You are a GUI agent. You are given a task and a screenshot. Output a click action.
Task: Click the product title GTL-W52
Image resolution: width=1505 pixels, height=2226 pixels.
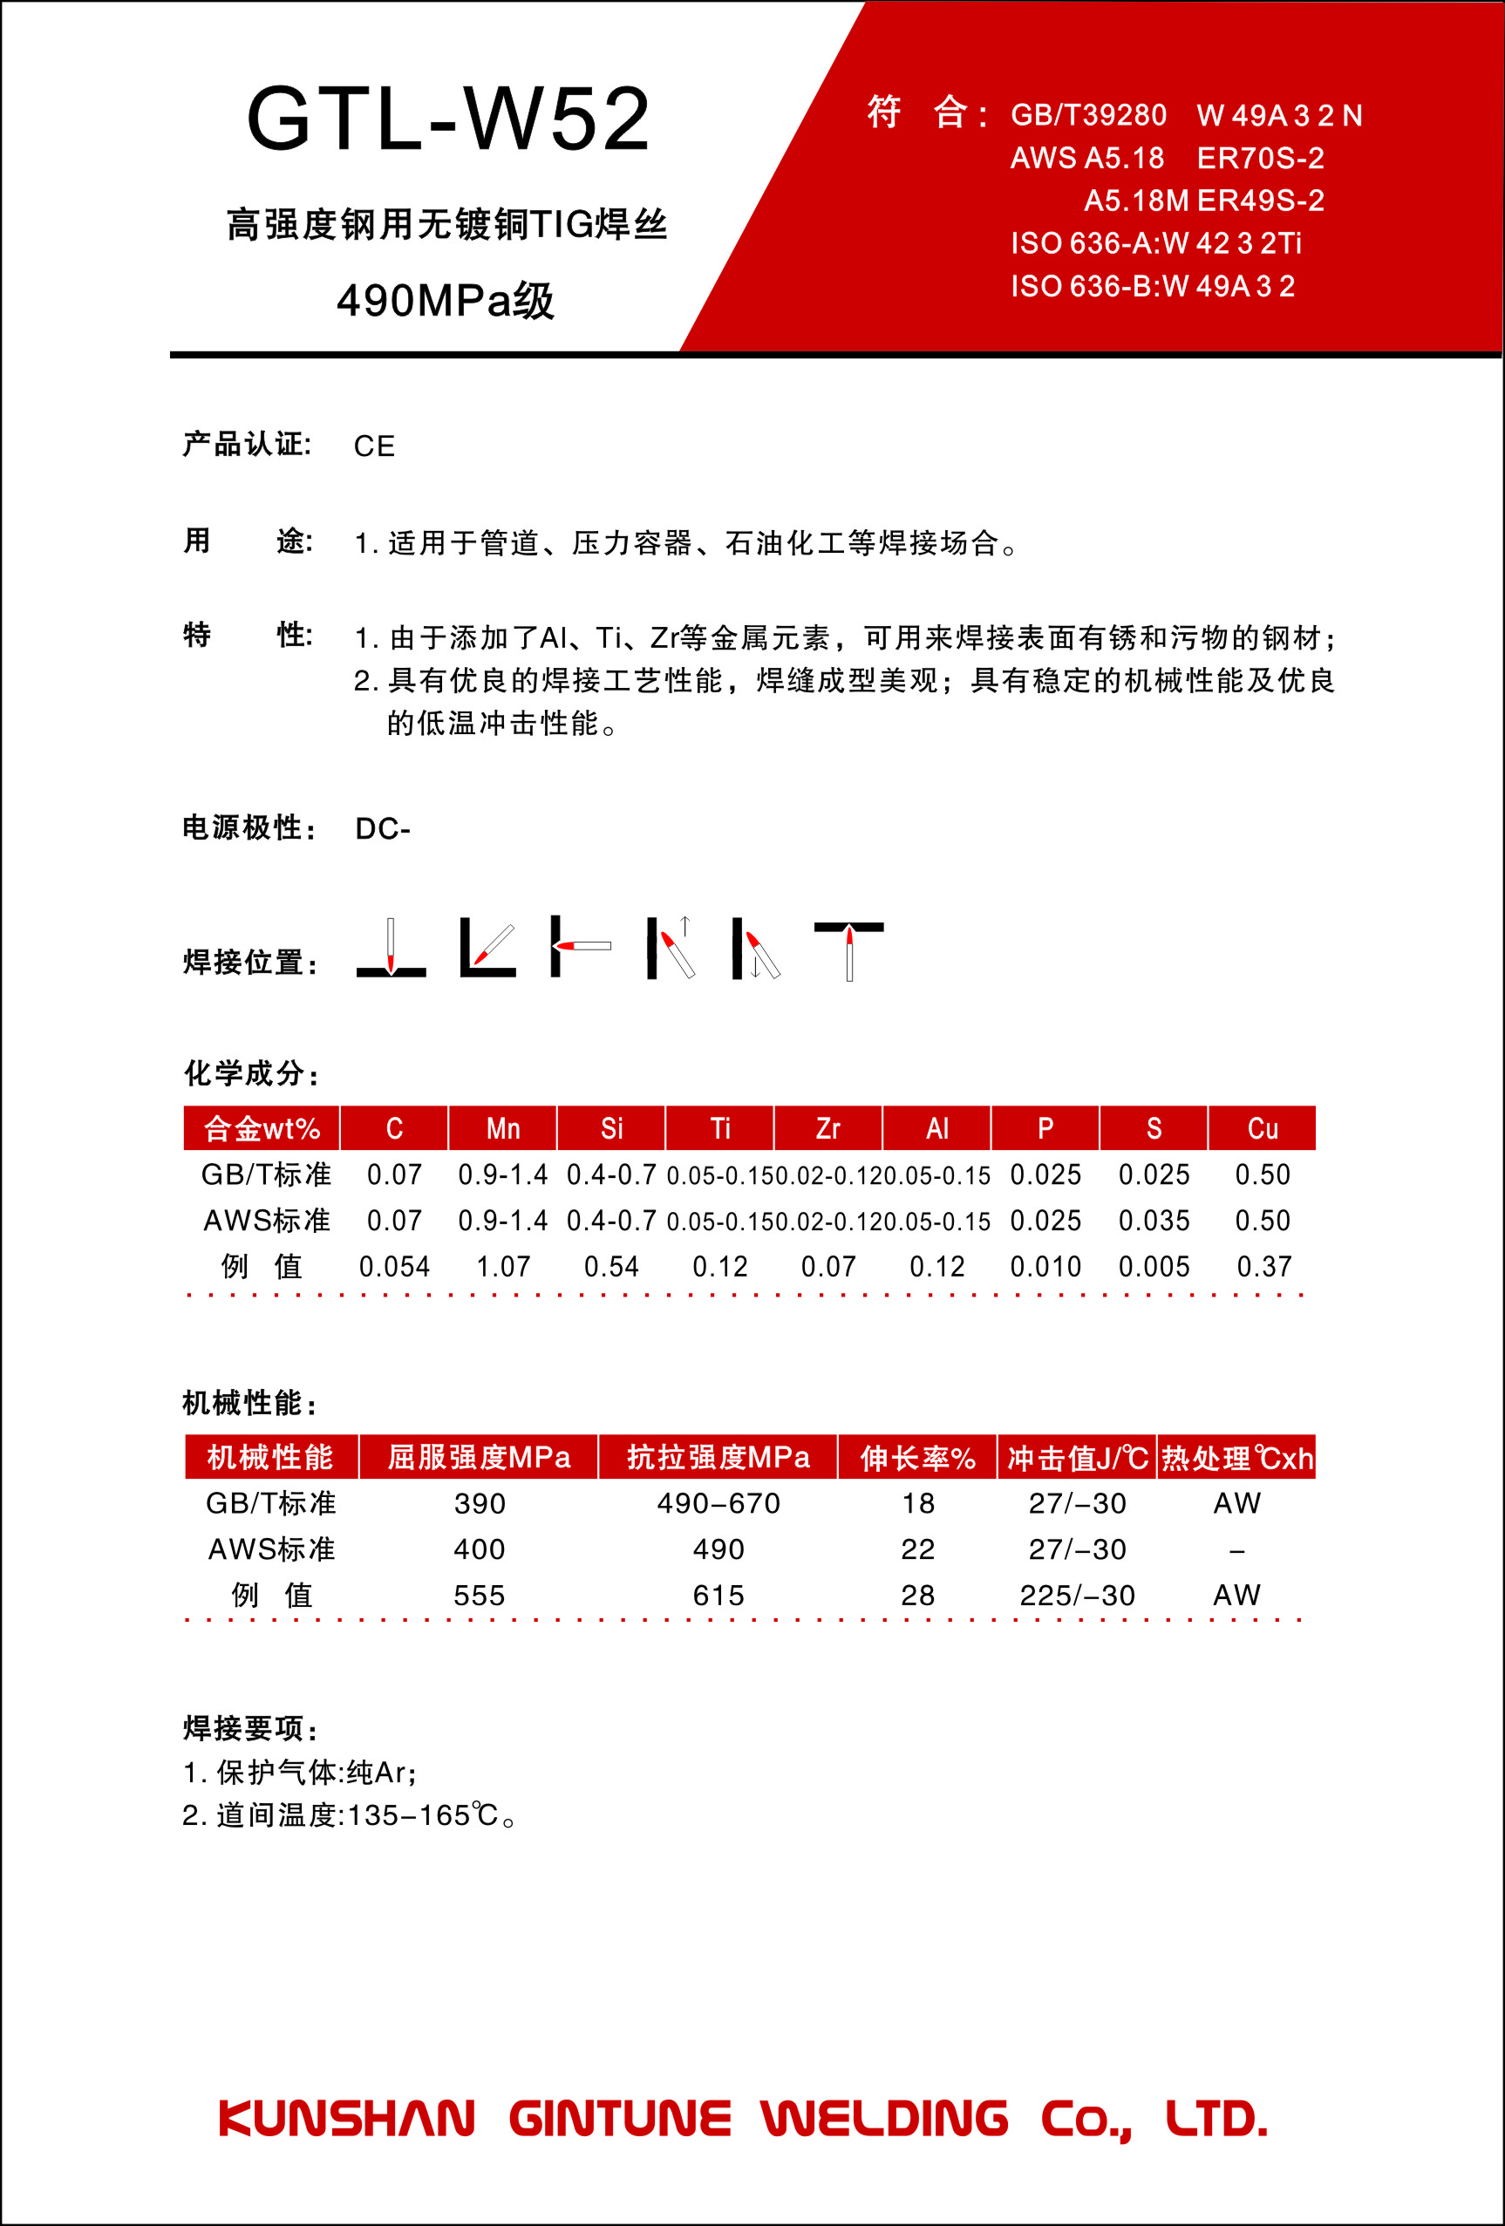tap(448, 119)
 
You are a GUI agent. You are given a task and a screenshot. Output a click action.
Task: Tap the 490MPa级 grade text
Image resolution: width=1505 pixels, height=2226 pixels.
tap(446, 301)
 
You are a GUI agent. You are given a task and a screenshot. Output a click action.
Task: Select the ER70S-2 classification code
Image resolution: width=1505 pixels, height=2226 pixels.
tap(1260, 158)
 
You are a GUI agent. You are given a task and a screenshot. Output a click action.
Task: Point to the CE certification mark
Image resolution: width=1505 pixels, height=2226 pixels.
tap(373, 446)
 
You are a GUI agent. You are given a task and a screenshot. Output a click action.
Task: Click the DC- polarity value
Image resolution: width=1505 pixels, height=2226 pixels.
tap(382, 828)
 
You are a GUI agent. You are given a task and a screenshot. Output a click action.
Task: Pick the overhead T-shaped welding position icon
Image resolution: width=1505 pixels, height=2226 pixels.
tap(848, 950)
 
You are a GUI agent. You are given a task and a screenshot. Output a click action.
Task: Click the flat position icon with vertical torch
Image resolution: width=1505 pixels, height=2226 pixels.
tap(391, 949)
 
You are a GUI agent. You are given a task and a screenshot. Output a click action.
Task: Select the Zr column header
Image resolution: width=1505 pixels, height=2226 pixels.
tap(827, 1128)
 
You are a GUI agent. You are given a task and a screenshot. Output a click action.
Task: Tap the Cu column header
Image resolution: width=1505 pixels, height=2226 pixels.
tap(1262, 1128)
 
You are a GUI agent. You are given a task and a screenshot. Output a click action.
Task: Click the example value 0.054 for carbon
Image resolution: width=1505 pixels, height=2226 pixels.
tap(394, 1266)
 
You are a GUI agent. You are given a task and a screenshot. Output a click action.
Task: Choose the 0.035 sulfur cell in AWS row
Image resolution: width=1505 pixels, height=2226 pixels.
tap(1154, 1221)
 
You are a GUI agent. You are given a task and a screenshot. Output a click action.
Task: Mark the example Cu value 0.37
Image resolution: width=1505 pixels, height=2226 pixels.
tap(1263, 1266)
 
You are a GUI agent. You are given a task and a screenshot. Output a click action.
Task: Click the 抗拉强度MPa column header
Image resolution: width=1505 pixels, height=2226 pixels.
tap(718, 1457)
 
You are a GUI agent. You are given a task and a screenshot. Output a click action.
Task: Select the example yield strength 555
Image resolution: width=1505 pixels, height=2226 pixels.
tap(479, 1595)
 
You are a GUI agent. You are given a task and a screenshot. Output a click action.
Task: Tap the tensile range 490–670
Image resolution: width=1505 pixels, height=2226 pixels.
tap(718, 1503)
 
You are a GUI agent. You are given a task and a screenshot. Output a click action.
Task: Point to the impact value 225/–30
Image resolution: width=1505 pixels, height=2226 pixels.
tap(1077, 1595)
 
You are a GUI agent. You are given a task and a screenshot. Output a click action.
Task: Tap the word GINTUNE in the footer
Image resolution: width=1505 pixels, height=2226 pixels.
tap(619, 2118)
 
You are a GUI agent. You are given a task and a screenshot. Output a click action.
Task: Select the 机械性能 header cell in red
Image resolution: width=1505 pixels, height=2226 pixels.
tap(270, 1457)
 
